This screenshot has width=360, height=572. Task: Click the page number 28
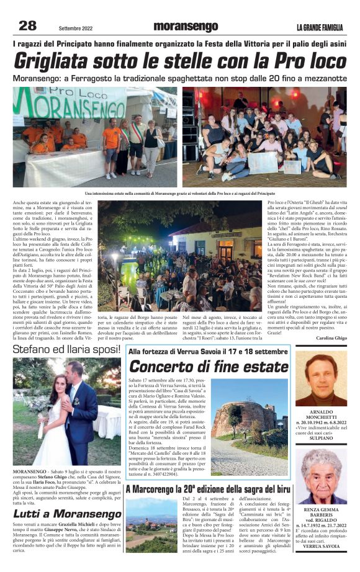[x=28, y=25]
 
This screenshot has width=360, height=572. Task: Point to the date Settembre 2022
[x=77, y=27]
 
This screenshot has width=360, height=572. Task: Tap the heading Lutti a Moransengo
[x=67, y=514]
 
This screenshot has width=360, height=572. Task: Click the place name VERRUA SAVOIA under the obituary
[x=321, y=546]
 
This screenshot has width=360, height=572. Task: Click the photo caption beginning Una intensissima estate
[x=180, y=194]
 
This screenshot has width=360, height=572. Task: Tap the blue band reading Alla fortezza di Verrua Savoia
[x=207, y=351]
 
